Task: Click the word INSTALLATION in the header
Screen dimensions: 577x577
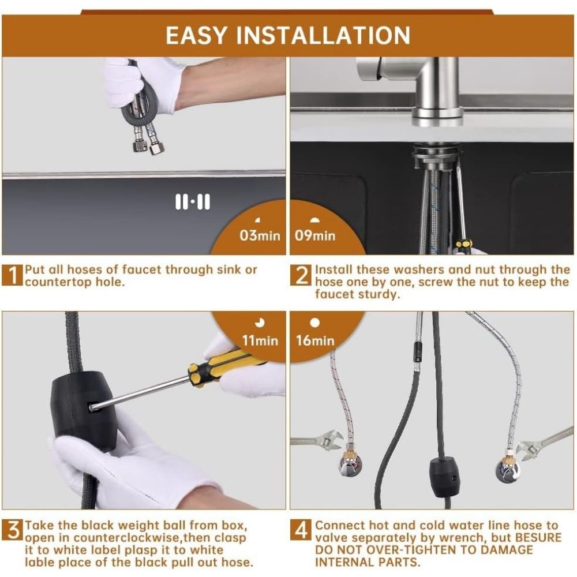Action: [x=323, y=35]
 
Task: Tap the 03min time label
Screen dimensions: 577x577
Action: [x=260, y=235]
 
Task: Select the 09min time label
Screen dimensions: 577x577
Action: [x=315, y=235]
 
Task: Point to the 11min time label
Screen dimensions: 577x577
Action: [x=260, y=340]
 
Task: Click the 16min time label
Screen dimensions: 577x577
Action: [x=316, y=340]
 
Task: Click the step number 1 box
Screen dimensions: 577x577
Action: [x=13, y=275]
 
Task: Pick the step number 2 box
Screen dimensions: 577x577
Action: [x=301, y=275]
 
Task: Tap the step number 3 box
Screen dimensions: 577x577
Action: [x=13, y=530]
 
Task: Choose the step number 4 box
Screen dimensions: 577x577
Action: [x=301, y=530]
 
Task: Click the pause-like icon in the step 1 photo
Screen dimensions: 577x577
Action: [x=193, y=201]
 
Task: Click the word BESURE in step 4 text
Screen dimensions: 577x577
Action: [x=538, y=537]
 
